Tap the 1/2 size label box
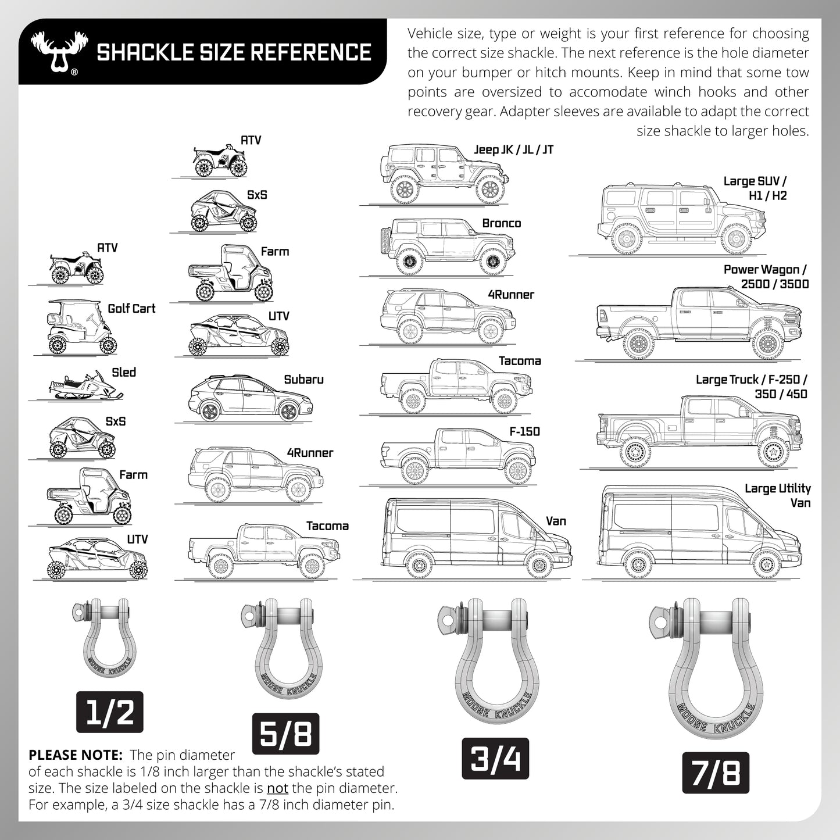pyautogui.click(x=110, y=712)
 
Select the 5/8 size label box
pyautogui.click(x=285, y=734)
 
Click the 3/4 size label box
pyautogui.click(x=495, y=759)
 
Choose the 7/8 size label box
pyautogui.click(x=716, y=773)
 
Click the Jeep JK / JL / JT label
pyautogui.click(x=513, y=150)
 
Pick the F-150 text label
pyautogui.click(x=524, y=431)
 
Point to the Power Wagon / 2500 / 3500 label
pyautogui.click(x=766, y=277)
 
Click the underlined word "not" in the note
pyautogui.click(x=277, y=788)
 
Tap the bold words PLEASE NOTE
pyautogui.click(x=75, y=755)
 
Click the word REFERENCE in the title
pyautogui.click(x=306, y=52)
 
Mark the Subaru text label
pyautogui.click(x=303, y=380)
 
